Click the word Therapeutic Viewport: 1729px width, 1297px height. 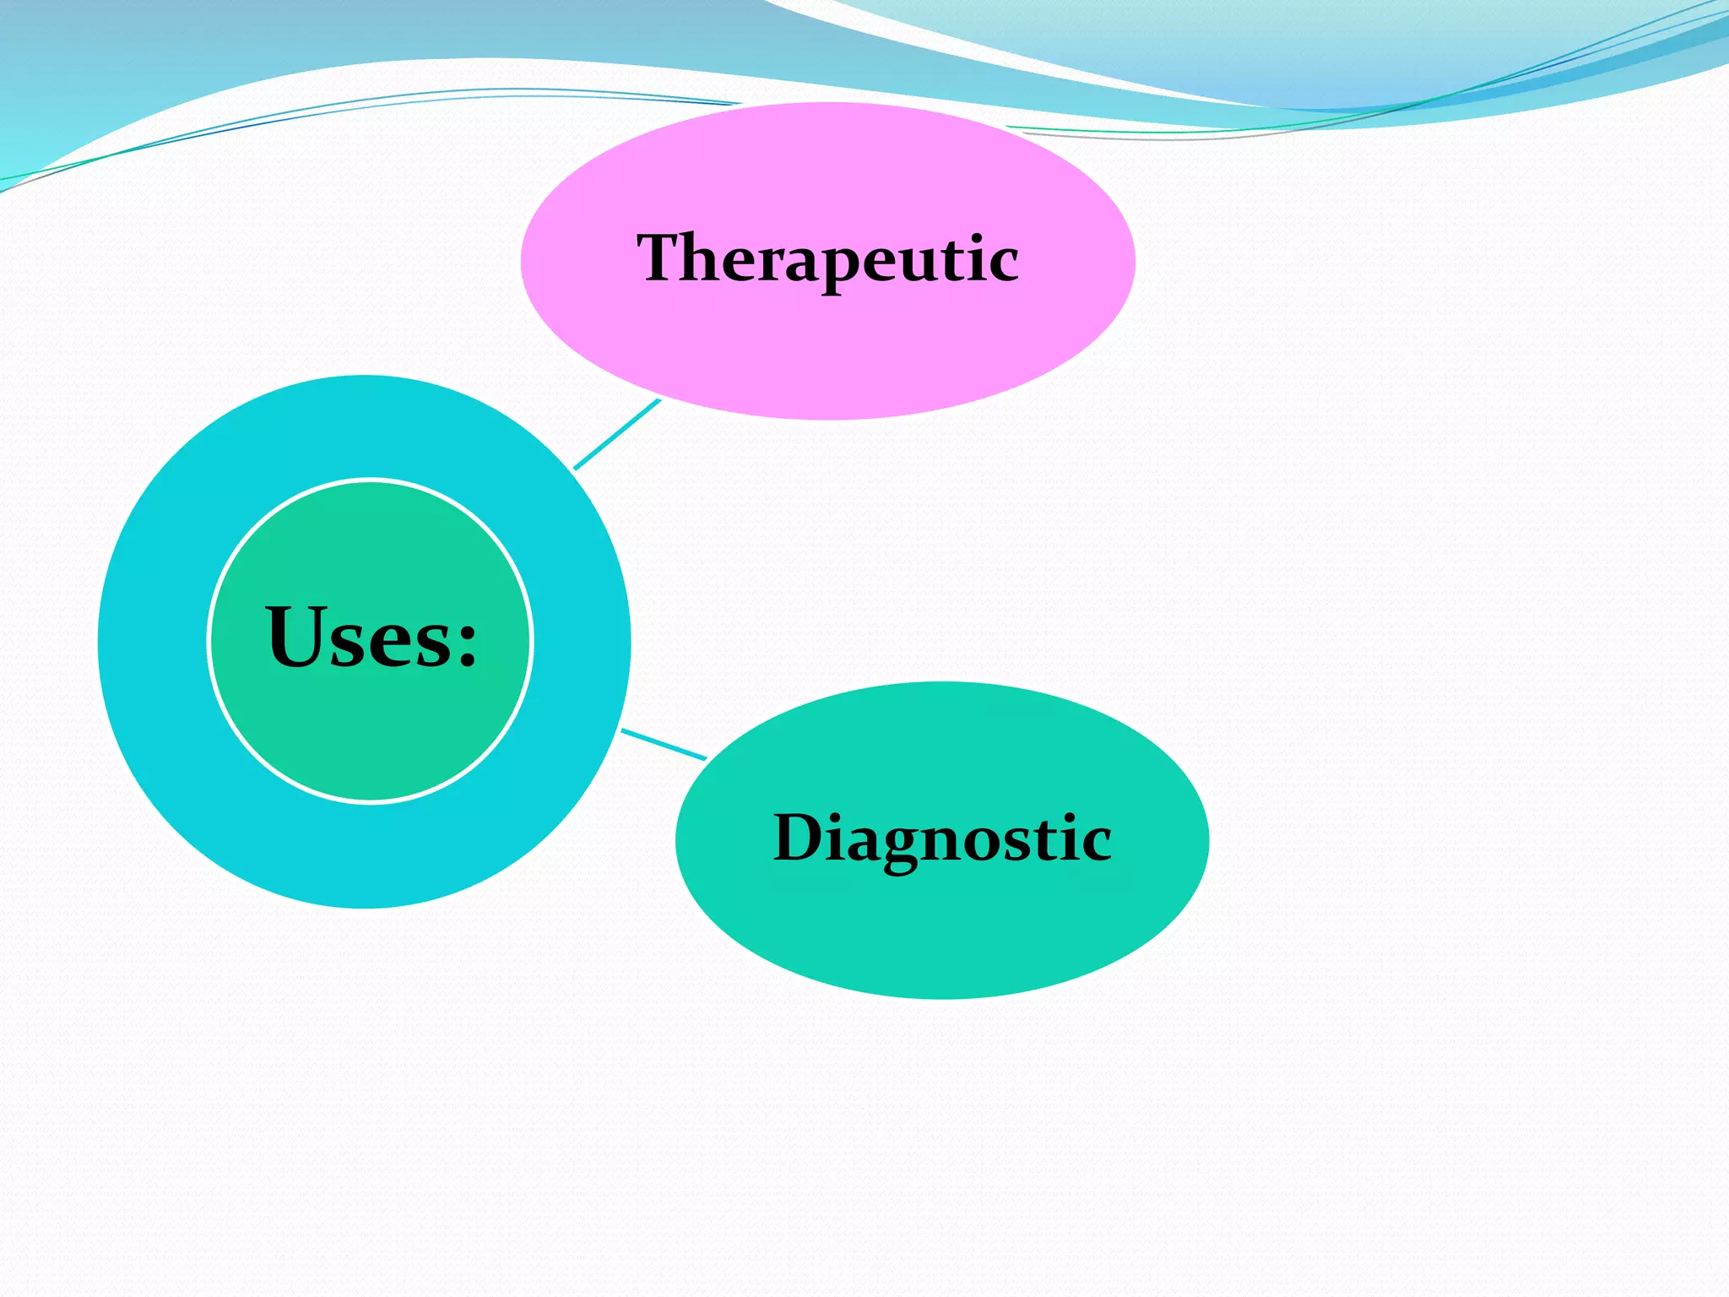point(827,258)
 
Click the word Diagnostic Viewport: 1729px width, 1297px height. point(942,838)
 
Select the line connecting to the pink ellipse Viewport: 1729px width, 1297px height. point(616,434)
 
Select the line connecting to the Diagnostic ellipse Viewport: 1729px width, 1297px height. point(664,744)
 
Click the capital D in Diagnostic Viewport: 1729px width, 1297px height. point(799,838)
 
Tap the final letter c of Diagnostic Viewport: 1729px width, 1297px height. point(1097,842)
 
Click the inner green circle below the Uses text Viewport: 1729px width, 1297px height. point(371,735)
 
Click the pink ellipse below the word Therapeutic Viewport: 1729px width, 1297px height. point(827,355)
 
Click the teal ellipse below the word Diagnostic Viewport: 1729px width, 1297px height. point(942,929)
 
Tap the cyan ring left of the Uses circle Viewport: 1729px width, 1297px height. point(152,642)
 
